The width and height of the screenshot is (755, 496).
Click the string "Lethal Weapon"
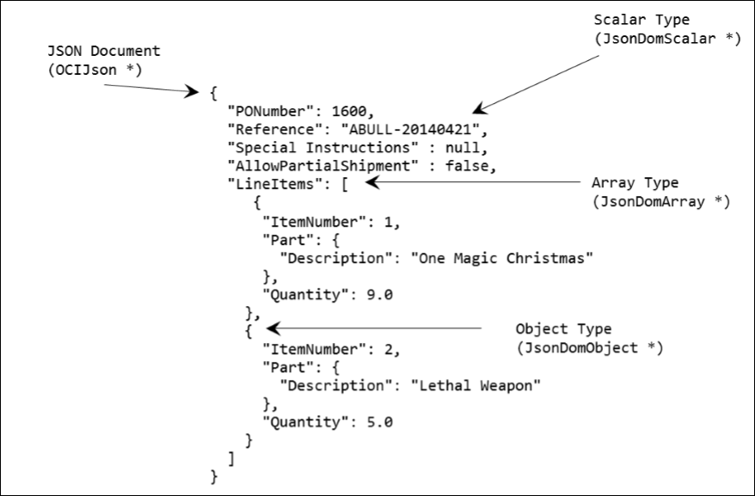click(476, 386)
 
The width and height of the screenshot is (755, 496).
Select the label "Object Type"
click(563, 329)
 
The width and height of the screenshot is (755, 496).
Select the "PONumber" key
click(264, 111)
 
